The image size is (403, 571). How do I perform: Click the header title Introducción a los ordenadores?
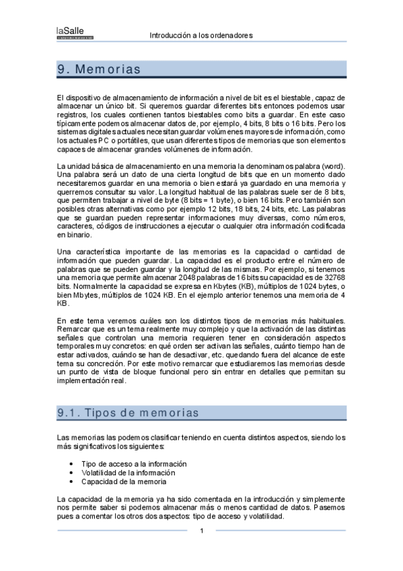coord(200,35)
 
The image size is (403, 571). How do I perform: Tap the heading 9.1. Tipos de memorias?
coord(128,413)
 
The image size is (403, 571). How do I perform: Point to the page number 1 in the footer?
coord(201,531)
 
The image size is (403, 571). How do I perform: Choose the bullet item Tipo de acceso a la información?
coord(134,464)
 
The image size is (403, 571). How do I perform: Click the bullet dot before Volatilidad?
coord(72,473)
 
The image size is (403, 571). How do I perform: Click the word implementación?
coord(82,380)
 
